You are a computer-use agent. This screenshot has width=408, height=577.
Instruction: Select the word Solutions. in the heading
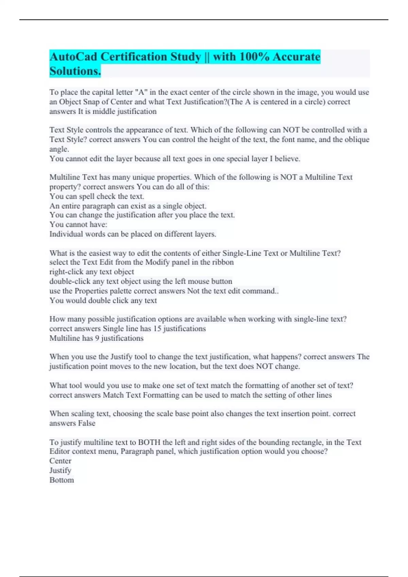coord(75,71)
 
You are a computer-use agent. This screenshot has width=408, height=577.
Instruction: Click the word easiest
coord(101,253)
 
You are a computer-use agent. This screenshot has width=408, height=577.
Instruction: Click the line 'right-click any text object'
coord(92,272)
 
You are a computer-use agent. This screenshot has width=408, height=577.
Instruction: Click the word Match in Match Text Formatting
coord(113,395)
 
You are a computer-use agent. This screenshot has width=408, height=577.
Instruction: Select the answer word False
coord(87,423)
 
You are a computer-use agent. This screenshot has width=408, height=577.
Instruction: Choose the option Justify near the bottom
coord(60,470)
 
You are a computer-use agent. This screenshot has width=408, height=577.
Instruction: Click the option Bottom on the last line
coord(62,480)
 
